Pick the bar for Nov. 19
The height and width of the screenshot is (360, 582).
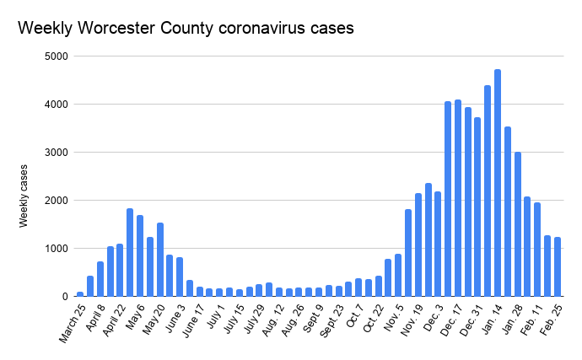coord(418,245)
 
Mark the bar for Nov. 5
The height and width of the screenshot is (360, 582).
coord(398,275)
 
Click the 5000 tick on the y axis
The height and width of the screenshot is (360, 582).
coord(58,56)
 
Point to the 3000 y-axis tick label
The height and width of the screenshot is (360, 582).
coord(58,153)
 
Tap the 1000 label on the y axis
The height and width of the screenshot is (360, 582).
coord(58,249)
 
